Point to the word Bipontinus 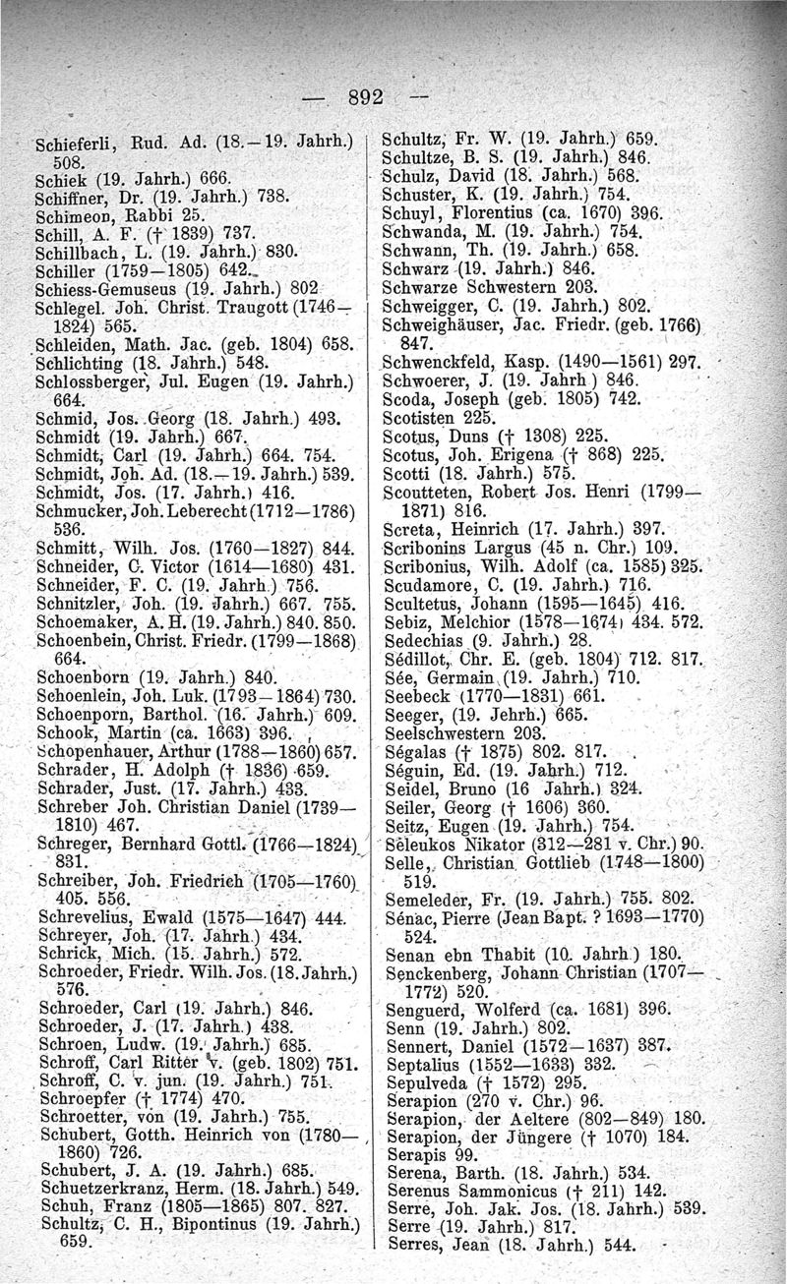click(x=201, y=1221)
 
